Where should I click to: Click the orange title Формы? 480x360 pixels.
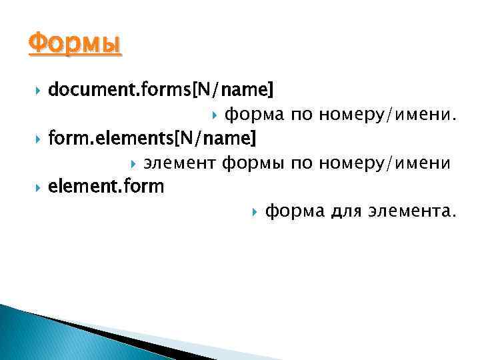75,45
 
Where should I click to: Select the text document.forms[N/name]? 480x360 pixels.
161,89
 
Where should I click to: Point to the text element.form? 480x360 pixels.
106,187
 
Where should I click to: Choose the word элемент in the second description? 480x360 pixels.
181,163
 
